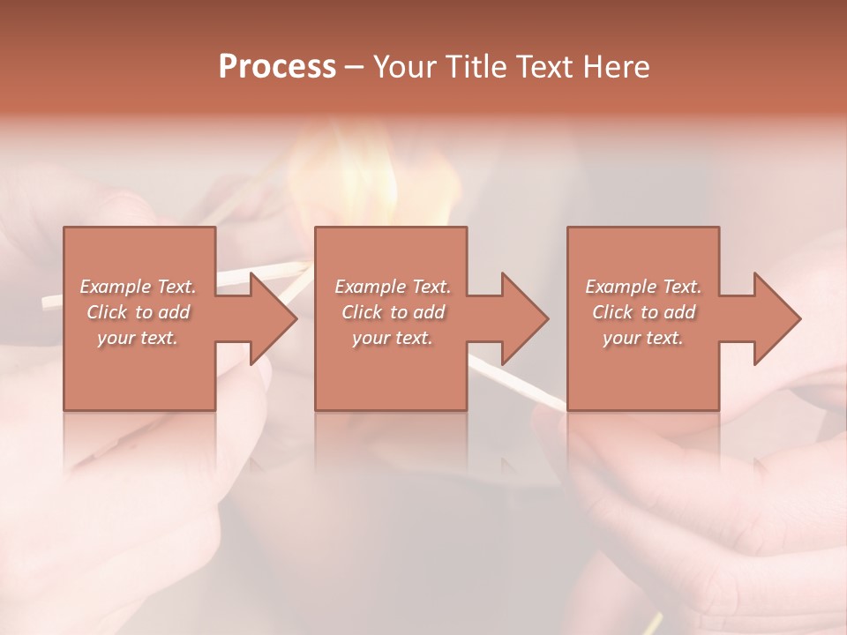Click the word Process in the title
point(277,67)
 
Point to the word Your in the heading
point(403,67)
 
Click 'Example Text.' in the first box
point(139,287)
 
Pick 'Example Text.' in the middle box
point(393,287)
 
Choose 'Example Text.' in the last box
point(643,287)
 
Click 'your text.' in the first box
point(138,338)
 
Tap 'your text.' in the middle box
point(393,338)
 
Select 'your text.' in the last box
point(643,338)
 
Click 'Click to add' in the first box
point(139,312)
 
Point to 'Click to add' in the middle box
point(393,312)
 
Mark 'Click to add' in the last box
point(643,312)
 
